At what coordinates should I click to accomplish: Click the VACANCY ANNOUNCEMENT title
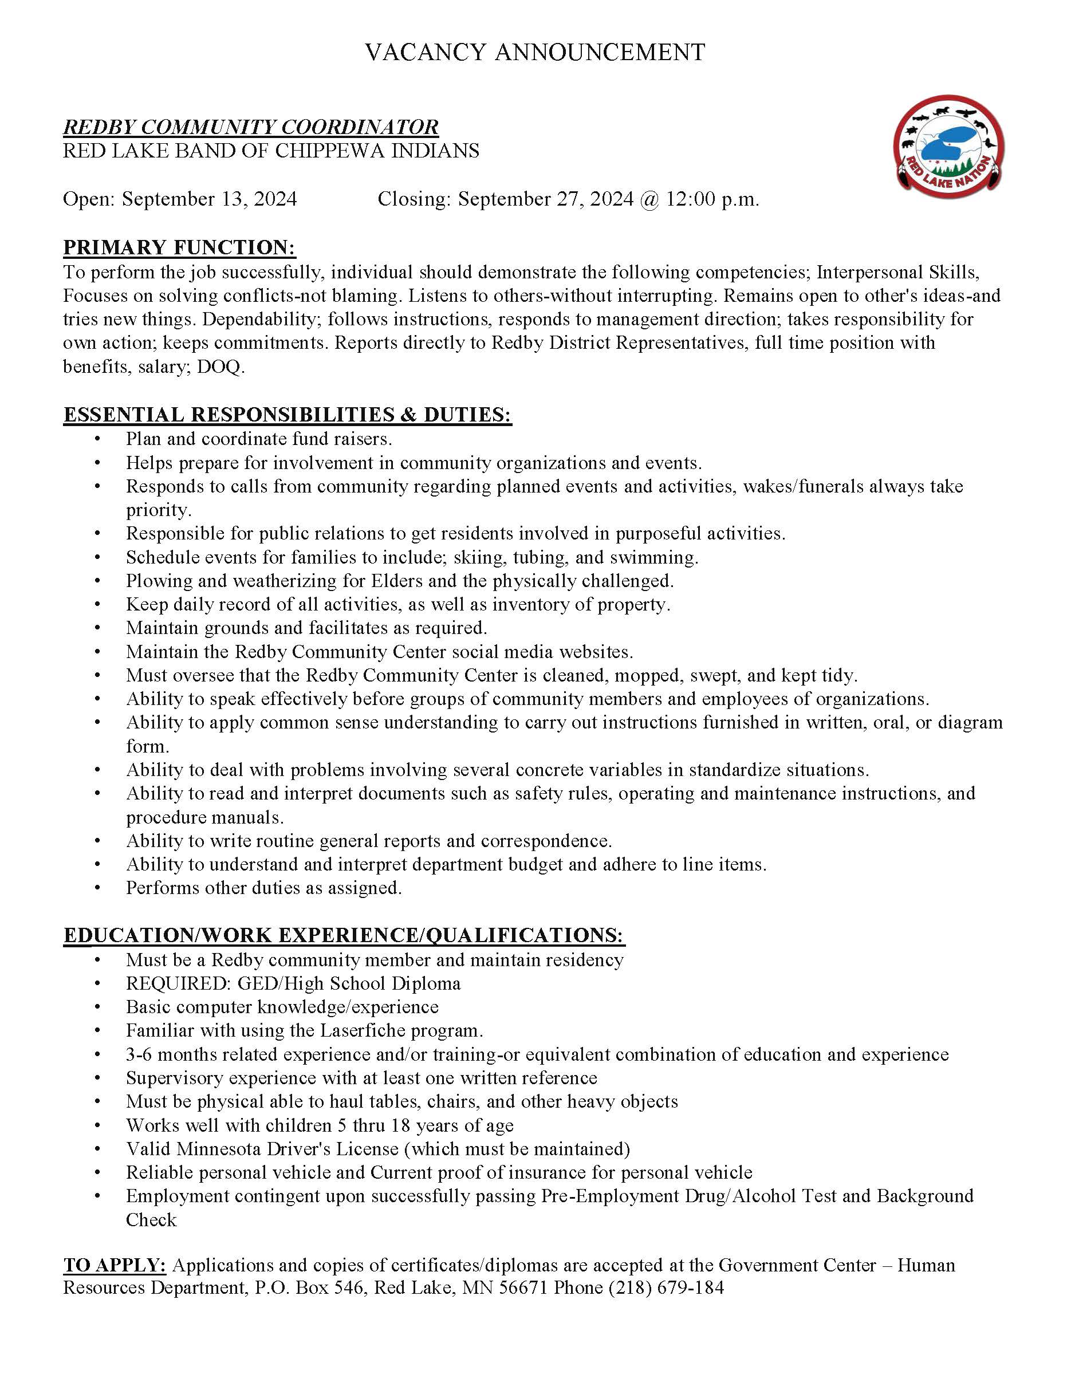(535, 52)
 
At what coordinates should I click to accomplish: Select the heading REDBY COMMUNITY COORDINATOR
(251, 127)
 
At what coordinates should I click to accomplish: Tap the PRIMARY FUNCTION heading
(180, 247)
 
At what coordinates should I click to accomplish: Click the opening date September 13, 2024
(210, 199)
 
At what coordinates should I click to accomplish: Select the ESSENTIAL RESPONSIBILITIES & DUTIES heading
(288, 415)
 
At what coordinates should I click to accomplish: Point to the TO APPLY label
(114, 1265)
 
